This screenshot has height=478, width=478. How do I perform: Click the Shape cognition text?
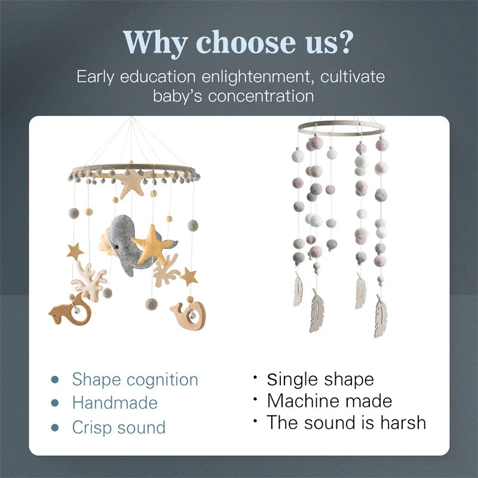135,379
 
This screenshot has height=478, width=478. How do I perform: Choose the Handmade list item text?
115,403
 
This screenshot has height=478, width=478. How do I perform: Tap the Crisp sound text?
118,427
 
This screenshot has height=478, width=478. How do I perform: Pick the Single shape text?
320,379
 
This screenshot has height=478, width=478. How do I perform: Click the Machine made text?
329,400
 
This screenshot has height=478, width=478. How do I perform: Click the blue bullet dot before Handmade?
56,403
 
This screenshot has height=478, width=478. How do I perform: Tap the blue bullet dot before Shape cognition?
56,379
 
